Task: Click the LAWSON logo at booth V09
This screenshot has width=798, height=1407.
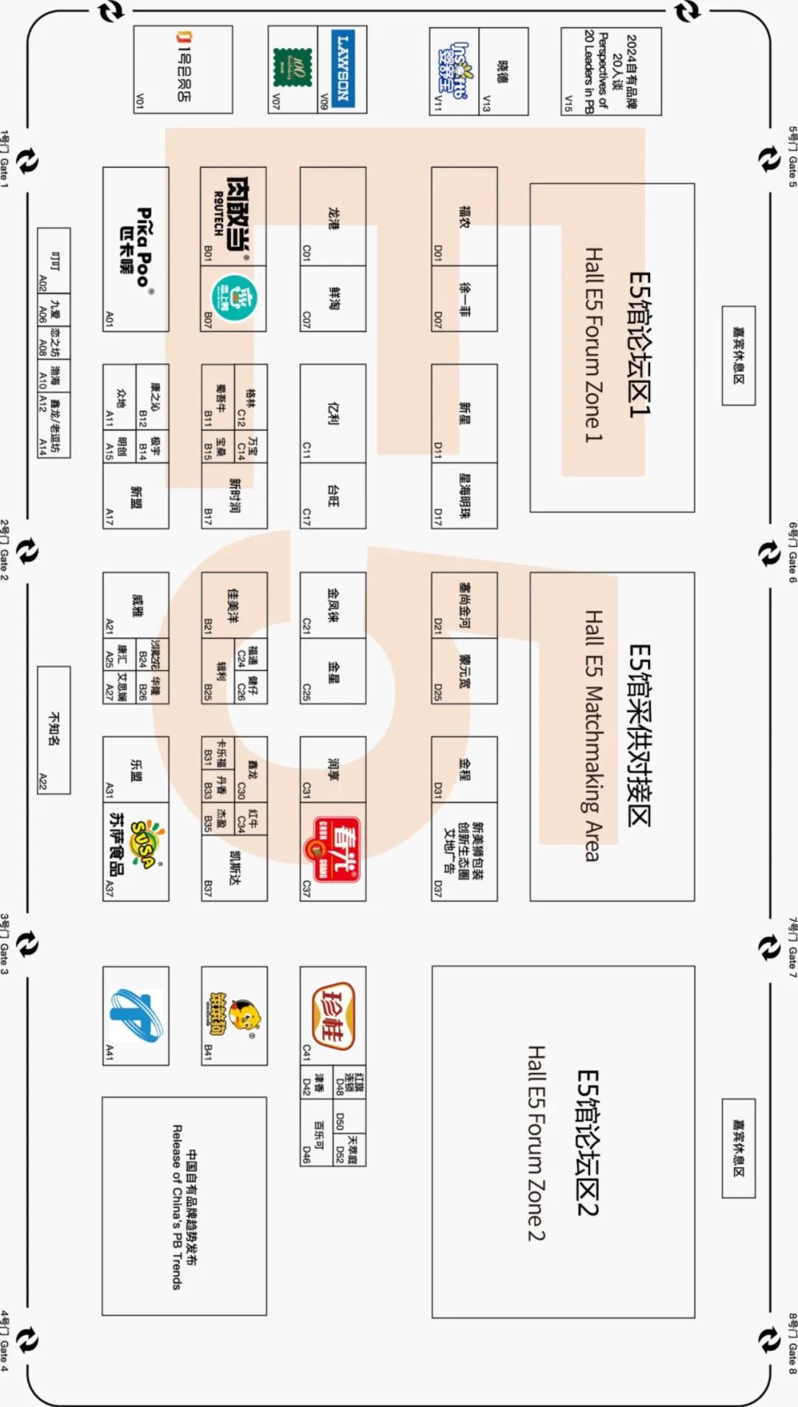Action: [342, 69]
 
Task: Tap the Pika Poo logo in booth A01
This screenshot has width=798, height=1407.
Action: [136, 248]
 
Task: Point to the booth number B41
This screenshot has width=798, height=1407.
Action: [209, 1051]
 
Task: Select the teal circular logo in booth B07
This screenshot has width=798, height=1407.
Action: [233, 298]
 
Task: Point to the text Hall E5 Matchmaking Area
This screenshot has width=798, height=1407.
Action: [593, 735]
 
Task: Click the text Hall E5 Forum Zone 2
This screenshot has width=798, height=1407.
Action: [536, 1142]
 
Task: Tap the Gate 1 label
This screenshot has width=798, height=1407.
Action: [5, 160]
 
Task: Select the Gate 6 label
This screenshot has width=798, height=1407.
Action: [793, 553]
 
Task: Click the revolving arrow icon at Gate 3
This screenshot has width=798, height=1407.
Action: [27, 944]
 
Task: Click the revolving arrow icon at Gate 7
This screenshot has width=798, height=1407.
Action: [769, 947]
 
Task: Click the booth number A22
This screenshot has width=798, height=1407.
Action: [43, 782]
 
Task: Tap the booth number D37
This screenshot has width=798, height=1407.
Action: [438, 888]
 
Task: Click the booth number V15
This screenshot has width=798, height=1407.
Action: [568, 103]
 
